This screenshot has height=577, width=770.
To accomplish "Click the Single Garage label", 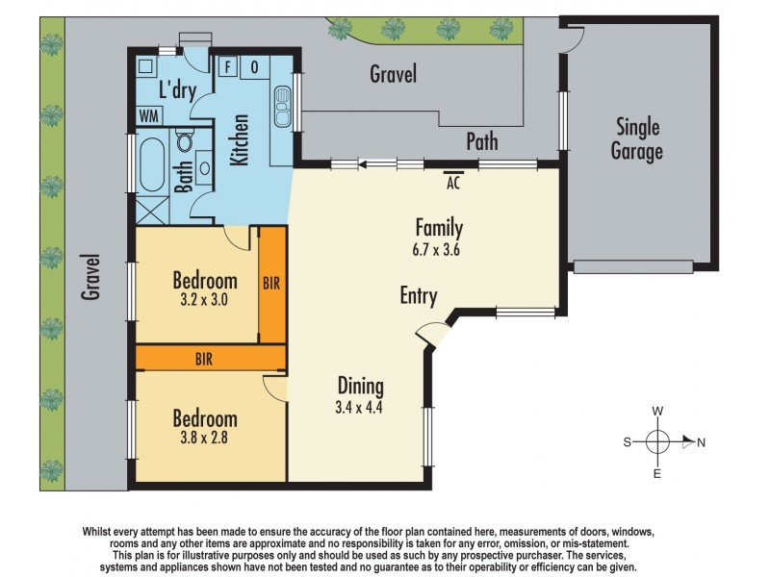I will (638, 138).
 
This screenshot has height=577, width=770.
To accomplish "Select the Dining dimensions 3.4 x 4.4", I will (360, 407).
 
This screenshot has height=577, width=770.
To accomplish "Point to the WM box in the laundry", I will (149, 115).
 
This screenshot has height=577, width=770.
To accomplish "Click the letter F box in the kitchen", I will (228, 67).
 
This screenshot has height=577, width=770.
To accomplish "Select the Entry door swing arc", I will (429, 334).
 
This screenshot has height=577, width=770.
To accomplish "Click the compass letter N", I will (701, 443).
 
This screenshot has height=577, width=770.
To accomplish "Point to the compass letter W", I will (658, 411).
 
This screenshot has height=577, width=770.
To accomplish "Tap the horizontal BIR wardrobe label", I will (204, 359).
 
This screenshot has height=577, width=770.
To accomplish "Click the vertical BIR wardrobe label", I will (272, 285).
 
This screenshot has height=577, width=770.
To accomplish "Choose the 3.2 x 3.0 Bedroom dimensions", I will (204, 299).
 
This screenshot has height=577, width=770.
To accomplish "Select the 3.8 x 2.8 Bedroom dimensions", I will (204, 438).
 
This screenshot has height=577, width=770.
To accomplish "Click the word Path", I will (482, 141).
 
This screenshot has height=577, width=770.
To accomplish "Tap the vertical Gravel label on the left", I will (90, 277).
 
